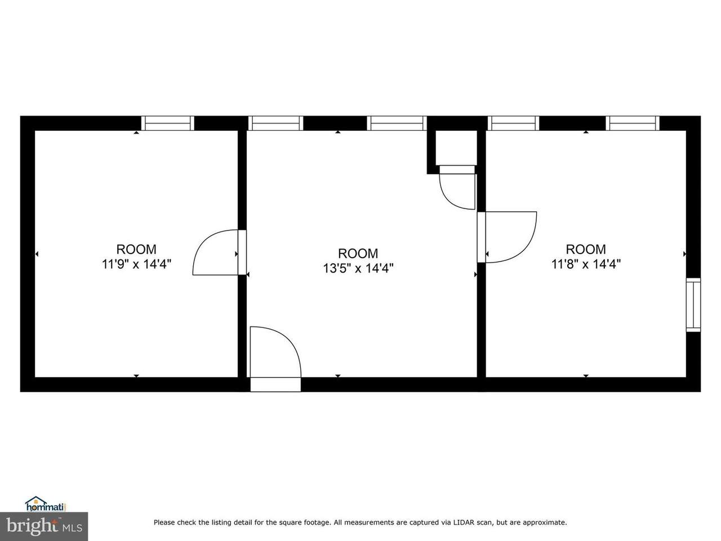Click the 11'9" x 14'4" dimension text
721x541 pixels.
[137, 264]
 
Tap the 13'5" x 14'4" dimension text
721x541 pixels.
[358, 268]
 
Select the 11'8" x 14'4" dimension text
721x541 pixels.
[586, 264]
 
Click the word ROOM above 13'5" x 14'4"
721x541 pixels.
[358, 253]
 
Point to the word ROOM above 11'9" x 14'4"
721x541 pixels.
[136, 249]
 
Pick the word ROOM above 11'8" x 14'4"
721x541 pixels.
[586, 249]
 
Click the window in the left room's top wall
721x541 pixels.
[168, 123]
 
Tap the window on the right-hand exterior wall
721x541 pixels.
[693, 305]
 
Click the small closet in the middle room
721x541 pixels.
[456, 148]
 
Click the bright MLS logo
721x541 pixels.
[44, 526]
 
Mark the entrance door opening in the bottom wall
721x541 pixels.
[275, 384]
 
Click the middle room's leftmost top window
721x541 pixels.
[276, 123]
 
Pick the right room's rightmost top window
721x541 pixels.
[633, 123]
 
